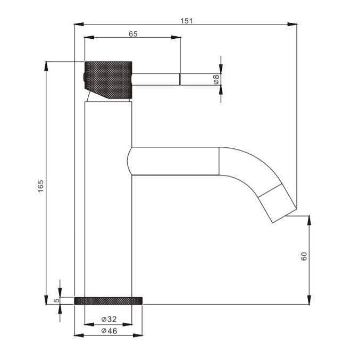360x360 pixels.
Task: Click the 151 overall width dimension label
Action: pyautogui.click(x=186, y=21)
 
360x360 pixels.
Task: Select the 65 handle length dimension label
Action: pyautogui.click(x=133, y=34)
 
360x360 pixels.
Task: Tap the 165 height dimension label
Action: pyautogui.click(x=41, y=187)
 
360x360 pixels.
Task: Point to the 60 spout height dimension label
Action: pyautogui.click(x=304, y=256)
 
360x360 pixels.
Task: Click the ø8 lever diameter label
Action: pyautogui.click(x=216, y=80)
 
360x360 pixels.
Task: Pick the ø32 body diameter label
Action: pyautogui.click(x=108, y=320)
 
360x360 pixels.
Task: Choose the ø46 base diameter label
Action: pyautogui.click(x=108, y=331)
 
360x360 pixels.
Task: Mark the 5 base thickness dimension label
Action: pyautogui.click(x=55, y=300)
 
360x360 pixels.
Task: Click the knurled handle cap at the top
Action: pyautogui.click(x=108, y=79)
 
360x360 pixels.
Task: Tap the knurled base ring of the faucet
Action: pyautogui.click(x=108, y=300)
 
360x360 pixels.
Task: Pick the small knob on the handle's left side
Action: pyautogui.click(x=83, y=79)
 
